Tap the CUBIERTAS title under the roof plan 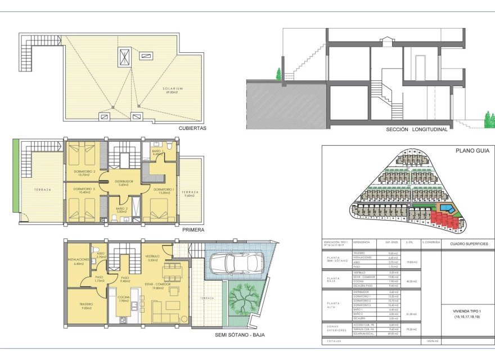(192, 128)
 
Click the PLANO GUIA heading (470, 151)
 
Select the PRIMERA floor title (193, 229)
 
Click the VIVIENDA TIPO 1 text (469, 310)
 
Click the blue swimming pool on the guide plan (448, 209)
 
